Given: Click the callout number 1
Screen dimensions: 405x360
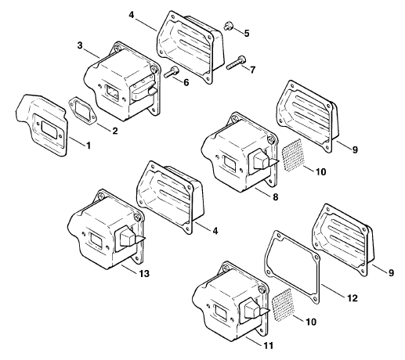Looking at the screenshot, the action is coord(89,146).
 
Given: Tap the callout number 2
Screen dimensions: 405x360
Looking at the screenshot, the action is coord(115,131).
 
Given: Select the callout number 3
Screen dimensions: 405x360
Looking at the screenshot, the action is coord(80,45).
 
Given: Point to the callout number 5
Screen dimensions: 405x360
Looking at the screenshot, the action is coord(247,33).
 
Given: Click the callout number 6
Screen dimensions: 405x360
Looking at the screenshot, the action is coord(186,82).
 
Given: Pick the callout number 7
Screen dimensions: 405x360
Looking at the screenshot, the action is coord(252,70).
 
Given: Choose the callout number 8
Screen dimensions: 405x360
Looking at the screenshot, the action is coord(276,196).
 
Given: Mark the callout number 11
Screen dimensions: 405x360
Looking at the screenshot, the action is coord(269,346).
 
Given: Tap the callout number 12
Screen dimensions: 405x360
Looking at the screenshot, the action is coord(353,298).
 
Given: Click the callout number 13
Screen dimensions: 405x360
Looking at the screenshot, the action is coord(144,274).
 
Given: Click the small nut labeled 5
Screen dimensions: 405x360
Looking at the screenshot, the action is coord(227,26).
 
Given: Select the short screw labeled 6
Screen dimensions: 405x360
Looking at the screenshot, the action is coord(172,72).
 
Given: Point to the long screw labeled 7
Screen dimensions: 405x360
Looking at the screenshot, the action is coord(237,63).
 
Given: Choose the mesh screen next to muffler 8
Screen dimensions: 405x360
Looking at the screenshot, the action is coord(293,154).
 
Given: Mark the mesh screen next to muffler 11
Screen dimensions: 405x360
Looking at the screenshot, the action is coord(282,304).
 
